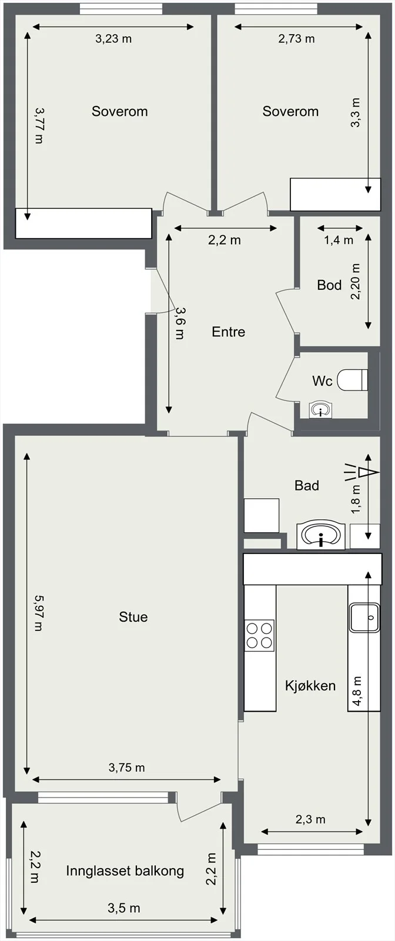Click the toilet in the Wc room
[x=353, y=379]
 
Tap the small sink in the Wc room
[x=321, y=409]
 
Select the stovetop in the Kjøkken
[x=259, y=636]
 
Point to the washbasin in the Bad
[x=321, y=536]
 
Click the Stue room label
[x=133, y=617]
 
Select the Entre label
[x=228, y=332]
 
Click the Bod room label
[x=330, y=285]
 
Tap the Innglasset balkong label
[x=125, y=871]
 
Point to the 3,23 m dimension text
[x=113, y=39]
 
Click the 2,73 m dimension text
[x=296, y=39]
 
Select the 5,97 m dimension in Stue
[x=38, y=613]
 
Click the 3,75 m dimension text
[x=127, y=768]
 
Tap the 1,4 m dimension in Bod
[x=339, y=241]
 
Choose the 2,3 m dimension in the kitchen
[x=310, y=819]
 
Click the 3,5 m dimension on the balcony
[x=124, y=908]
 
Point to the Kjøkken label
[x=310, y=686]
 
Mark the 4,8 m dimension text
[x=357, y=690]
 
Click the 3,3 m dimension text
[x=356, y=112]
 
